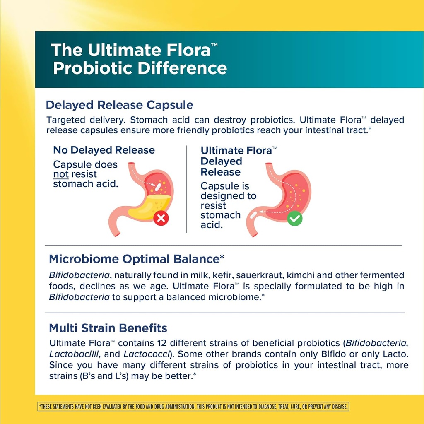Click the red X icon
[161, 218]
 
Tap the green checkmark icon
[295, 218]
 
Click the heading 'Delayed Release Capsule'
[119, 105]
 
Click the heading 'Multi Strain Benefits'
[108, 328]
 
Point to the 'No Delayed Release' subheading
[104, 150]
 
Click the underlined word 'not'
[60, 174]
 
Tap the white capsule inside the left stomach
[157, 188]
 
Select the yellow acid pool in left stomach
[149, 207]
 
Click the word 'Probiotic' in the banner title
[92, 67]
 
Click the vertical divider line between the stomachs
[186, 188]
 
